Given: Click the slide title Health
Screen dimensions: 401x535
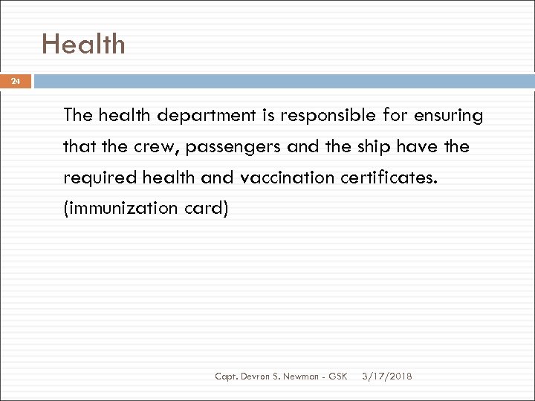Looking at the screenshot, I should [x=83, y=45].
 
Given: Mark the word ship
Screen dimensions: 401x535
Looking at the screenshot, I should [x=368, y=147].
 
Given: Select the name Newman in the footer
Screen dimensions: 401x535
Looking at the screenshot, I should [x=304, y=376].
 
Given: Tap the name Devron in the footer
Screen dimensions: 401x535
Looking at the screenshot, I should [x=258, y=376].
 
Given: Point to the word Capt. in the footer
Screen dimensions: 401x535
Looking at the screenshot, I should [x=228, y=376].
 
